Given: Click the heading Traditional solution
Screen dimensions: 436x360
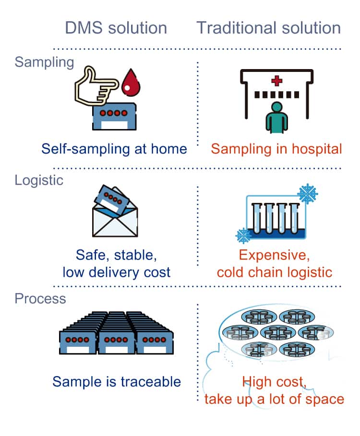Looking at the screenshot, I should [269, 27].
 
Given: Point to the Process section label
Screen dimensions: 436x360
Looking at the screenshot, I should [40, 298].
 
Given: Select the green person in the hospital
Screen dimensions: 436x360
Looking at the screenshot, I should [276, 117].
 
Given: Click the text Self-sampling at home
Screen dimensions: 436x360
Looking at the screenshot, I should [114, 149].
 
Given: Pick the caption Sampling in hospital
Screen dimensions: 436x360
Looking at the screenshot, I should [276, 149].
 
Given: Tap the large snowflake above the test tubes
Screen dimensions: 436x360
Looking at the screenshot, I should [307, 193].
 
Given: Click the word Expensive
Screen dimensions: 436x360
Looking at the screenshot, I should [274, 254].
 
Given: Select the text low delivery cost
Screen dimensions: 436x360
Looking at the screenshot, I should [117, 272].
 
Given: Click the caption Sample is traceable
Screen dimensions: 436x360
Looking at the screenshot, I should [117, 382].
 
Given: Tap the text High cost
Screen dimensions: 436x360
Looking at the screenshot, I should [274, 382].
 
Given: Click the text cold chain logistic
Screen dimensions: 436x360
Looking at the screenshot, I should [275, 272].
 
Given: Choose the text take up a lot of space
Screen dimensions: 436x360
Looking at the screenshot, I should [274, 399].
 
